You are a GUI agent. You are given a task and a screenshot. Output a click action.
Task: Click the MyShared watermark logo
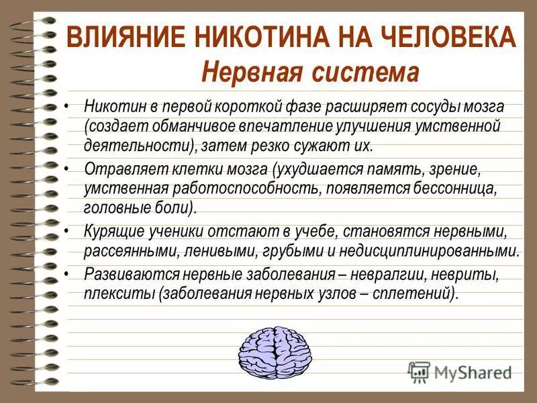460,371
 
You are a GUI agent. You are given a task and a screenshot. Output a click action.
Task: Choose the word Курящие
112,232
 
